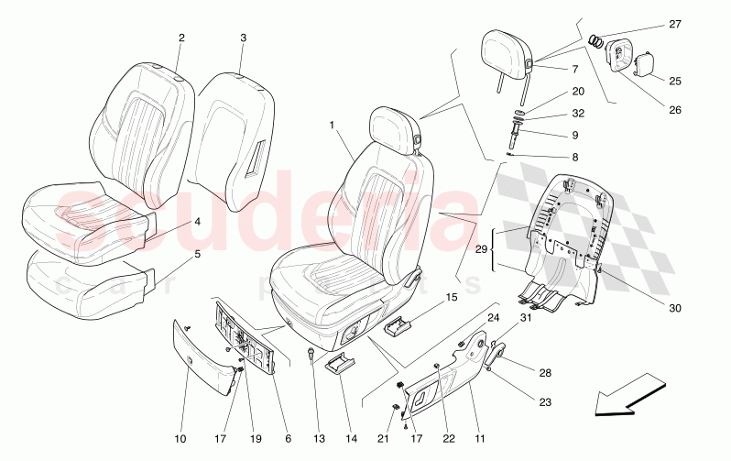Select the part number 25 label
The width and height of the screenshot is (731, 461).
(675, 82)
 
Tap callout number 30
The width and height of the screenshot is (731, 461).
(675, 309)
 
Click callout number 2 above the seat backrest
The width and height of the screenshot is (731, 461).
(181, 38)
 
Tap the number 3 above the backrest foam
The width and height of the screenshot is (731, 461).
(244, 38)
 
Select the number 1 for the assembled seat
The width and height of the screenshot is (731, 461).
(332, 125)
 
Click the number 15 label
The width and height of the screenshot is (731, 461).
(451, 297)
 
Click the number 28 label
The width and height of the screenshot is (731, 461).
(545, 373)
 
